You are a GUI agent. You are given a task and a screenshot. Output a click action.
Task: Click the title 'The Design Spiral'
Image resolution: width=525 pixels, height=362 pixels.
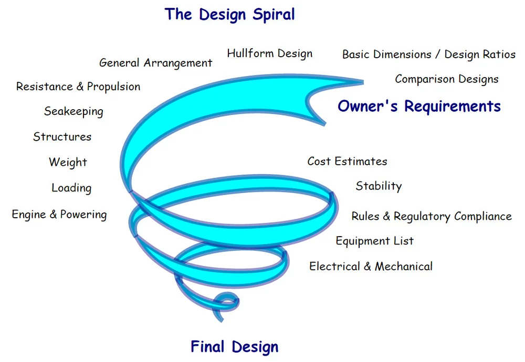tap(229, 14)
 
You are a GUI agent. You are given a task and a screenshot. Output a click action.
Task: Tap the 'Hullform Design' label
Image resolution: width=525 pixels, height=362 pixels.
tap(269, 54)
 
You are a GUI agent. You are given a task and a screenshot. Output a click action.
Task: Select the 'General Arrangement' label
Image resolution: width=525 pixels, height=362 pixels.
tap(155, 63)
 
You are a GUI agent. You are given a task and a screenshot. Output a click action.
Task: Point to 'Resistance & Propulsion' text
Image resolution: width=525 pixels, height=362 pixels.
tap(78, 87)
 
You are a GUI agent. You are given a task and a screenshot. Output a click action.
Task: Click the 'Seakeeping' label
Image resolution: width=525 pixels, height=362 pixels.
tap(73, 111)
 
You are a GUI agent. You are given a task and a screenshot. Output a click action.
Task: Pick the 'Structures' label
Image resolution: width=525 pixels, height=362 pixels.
tap(62, 137)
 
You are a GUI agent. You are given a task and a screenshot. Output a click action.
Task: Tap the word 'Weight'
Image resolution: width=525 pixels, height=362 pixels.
tap(68, 162)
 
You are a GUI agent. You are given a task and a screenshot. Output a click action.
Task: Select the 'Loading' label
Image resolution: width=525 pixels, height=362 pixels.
tap(71, 188)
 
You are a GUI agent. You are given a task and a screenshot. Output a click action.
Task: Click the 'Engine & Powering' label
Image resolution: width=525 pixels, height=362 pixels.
tap(59, 215)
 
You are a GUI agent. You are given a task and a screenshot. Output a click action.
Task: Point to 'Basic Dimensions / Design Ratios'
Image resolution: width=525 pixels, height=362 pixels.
tap(428, 55)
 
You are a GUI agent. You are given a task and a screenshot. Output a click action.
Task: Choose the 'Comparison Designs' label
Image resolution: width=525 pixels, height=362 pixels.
tap(447, 80)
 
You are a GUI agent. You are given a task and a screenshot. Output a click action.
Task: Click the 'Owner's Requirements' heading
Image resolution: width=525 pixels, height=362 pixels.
tap(419, 107)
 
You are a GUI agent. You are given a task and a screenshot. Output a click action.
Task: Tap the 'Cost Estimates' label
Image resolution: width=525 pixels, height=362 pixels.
tap(347, 162)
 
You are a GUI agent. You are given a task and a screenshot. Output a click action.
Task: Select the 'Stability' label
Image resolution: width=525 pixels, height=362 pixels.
tap(379, 186)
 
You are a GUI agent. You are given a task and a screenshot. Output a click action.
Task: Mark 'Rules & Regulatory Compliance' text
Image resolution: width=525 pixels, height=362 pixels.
tap(432, 217)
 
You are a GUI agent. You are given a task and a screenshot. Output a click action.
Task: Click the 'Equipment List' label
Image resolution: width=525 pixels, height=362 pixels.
tap(375, 241)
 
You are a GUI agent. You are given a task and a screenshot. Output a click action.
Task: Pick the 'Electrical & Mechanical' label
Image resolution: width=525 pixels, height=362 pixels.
tap(371, 267)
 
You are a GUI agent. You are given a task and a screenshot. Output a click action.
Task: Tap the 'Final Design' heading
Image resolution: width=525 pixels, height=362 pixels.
tap(234, 347)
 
